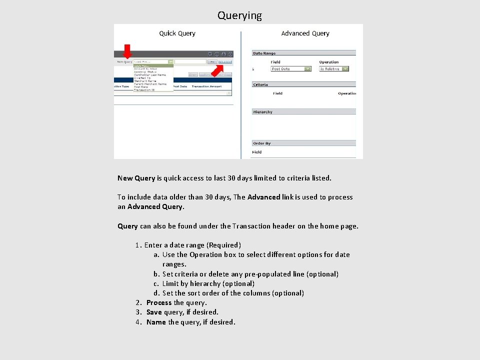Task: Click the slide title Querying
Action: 239,15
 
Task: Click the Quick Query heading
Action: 177,33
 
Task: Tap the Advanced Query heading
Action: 305,33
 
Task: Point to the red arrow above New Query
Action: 127,51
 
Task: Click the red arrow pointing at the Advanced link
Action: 216,71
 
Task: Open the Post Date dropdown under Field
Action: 291,69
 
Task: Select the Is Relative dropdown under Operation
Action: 333,69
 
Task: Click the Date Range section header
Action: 264,53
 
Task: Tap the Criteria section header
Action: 260,84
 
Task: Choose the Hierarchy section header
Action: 262,112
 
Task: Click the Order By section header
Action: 262,143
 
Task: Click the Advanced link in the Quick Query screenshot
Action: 225,62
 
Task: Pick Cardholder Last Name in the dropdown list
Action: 149,75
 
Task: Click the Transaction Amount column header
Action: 206,86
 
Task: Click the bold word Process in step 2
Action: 159,302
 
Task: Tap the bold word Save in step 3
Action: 154,312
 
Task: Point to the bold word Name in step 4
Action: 156,322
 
